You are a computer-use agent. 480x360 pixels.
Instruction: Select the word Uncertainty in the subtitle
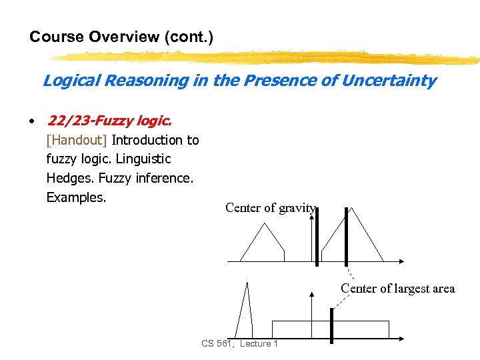coord(389,81)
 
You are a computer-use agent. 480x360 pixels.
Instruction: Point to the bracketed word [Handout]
coord(77,140)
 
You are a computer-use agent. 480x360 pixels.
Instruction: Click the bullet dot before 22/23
coord(31,122)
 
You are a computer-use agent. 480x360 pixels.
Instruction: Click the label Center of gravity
coord(270,207)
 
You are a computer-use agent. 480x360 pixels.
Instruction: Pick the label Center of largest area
coord(397,289)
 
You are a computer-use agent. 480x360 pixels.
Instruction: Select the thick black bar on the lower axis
coord(331,325)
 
